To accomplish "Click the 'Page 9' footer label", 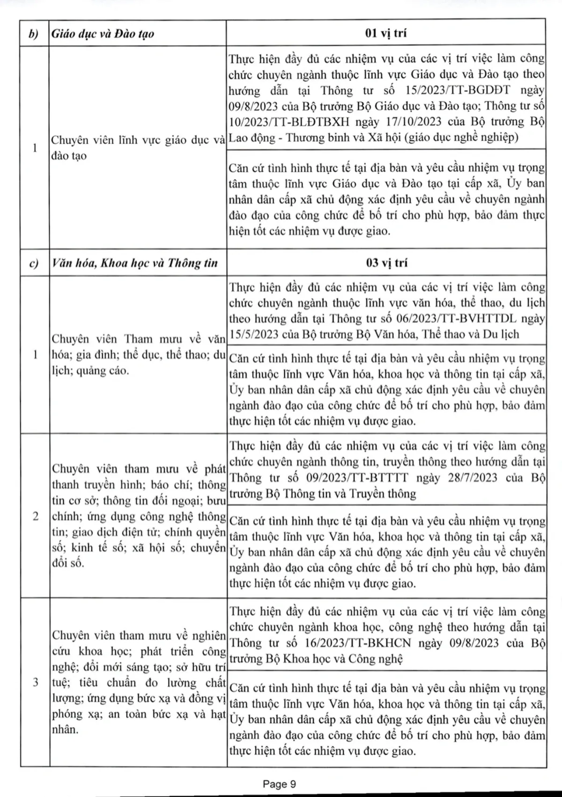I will click(279, 784).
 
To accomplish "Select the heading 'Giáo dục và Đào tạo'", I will click(103, 34).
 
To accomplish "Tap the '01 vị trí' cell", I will click(386, 33).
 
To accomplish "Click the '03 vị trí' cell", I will click(386, 262).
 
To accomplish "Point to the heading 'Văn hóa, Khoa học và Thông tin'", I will click(135, 263).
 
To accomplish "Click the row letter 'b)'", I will click(34, 34).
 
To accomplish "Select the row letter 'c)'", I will click(34, 263).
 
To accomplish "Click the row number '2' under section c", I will click(35, 516).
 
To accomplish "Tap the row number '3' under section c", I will click(35, 682).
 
